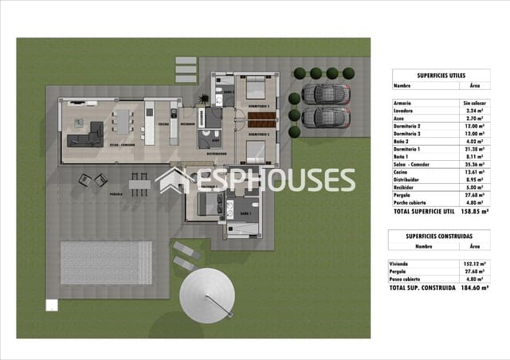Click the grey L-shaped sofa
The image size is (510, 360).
click(x=85, y=135)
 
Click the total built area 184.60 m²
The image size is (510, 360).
click(x=476, y=288)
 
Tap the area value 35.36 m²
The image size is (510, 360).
click(x=475, y=165)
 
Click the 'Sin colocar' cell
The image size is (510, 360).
click(x=475, y=104)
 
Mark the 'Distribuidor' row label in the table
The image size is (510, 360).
click(x=409, y=180)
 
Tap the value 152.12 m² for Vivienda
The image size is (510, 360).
click(x=476, y=263)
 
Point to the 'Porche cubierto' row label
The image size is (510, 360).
click(x=413, y=202)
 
